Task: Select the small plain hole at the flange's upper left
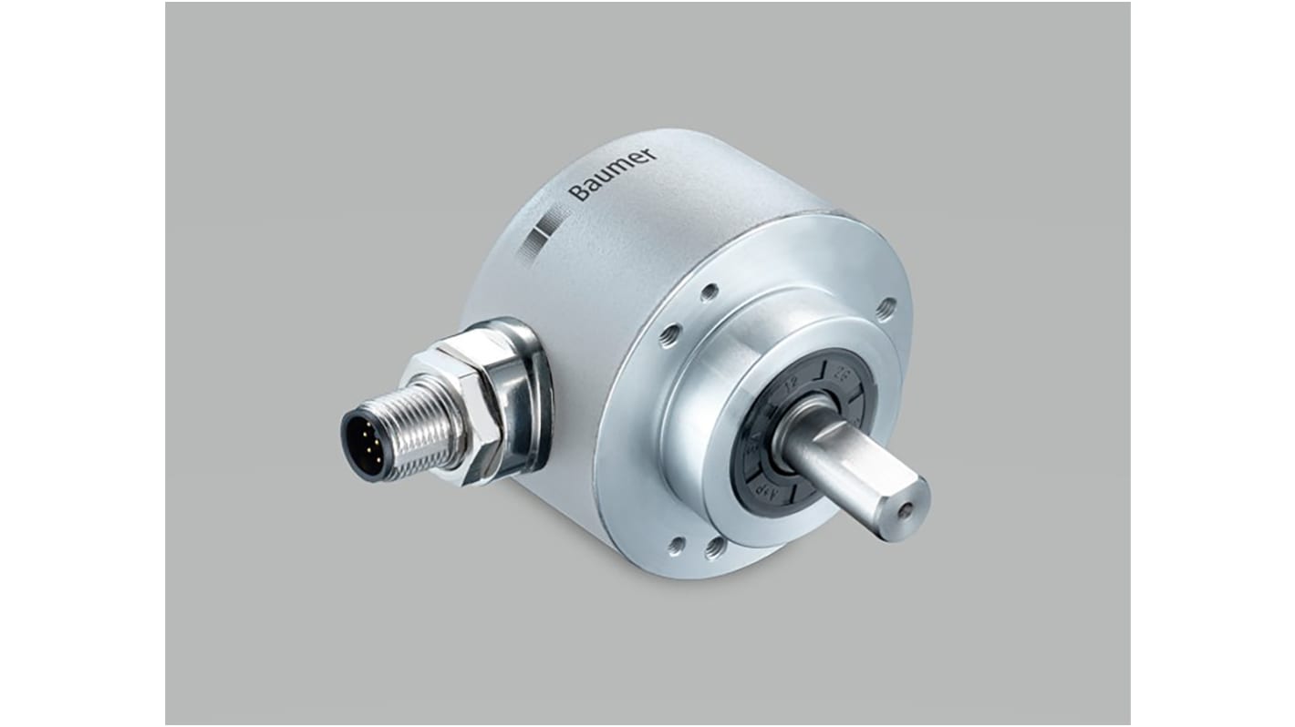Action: (x=709, y=292)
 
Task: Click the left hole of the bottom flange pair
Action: (x=677, y=545)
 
